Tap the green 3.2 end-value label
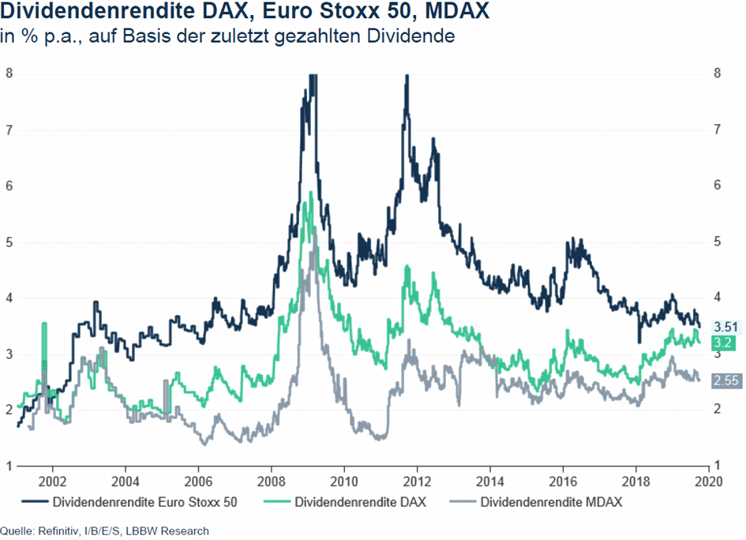[722, 343]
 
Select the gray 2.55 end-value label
[725, 381]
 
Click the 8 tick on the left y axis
[9, 73]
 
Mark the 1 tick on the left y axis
[9, 465]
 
